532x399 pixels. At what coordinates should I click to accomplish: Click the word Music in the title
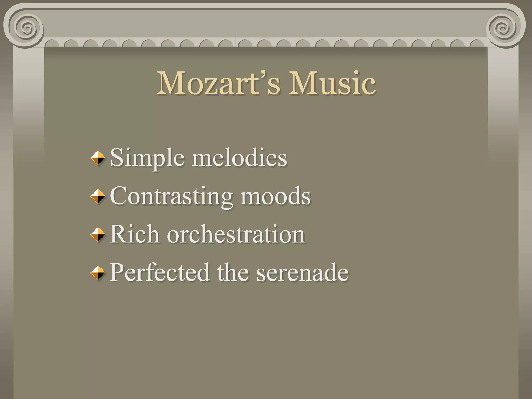point(332,83)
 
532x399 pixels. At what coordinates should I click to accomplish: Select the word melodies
point(239,158)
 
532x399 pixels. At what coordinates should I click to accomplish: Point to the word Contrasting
point(171,196)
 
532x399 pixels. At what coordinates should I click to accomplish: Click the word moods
point(276,196)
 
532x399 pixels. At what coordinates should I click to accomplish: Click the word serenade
point(302,273)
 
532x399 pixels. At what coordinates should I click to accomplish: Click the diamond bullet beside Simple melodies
point(98,158)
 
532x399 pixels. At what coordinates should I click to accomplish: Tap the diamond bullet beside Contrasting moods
point(98,196)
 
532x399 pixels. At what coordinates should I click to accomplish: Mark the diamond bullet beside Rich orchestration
point(98,234)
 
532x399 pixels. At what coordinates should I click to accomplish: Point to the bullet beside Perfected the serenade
point(98,273)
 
